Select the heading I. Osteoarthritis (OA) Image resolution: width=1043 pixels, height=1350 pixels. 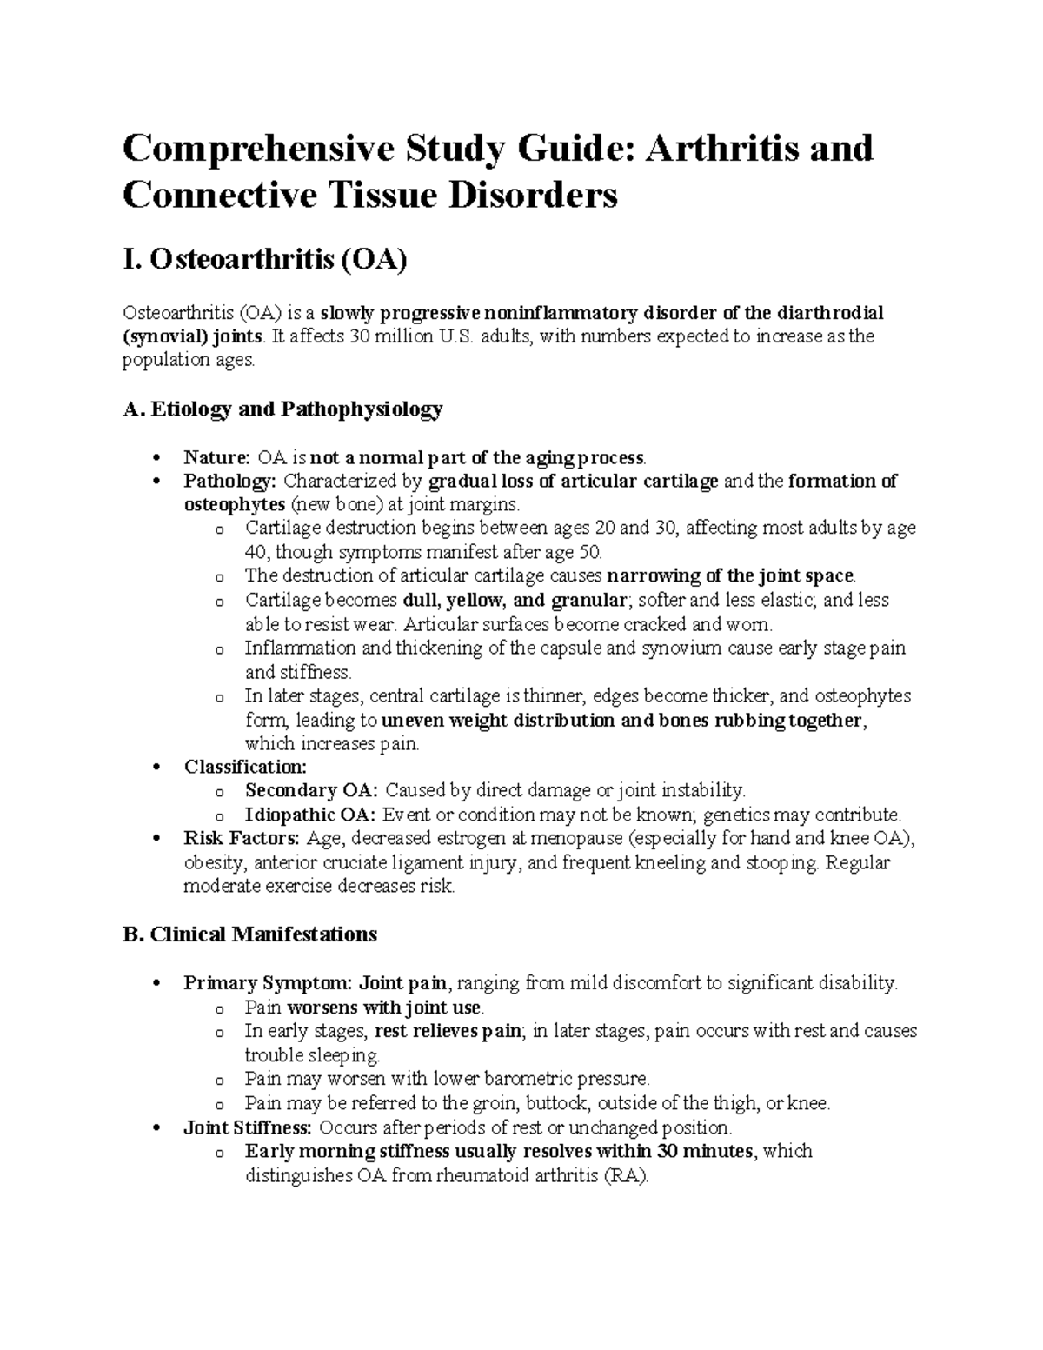[264, 260]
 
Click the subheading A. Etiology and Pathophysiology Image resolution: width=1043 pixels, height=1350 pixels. [282, 409]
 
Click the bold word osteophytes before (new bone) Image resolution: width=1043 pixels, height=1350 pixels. [234, 505]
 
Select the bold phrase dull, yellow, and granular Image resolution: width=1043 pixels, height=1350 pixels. [515, 600]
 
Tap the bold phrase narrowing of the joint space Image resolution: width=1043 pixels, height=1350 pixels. [730, 575]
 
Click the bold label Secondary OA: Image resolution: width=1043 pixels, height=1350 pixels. [312, 790]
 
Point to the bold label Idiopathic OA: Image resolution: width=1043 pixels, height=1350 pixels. [310, 815]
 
